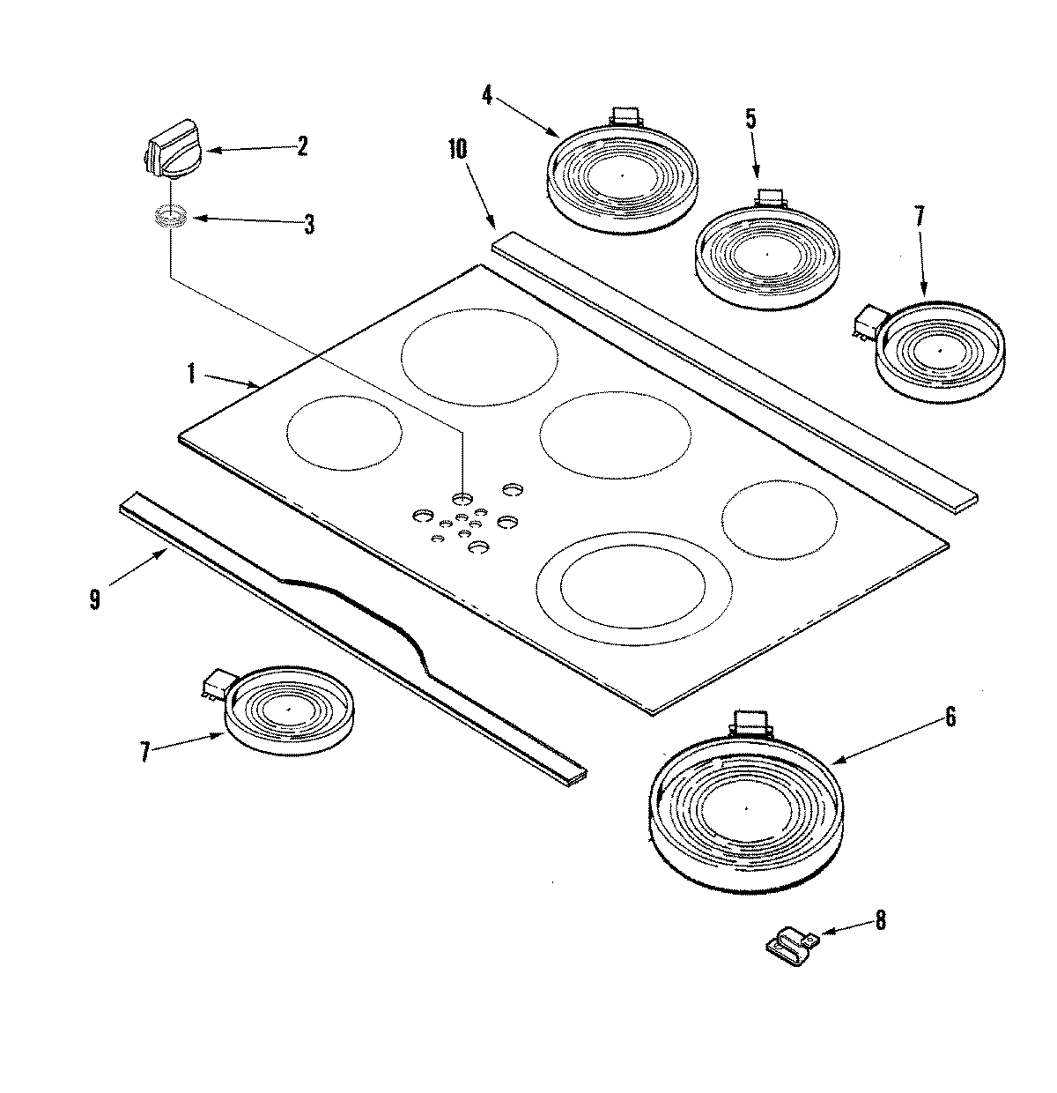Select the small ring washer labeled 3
[x=171, y=215]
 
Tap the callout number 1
[x=190, y=374]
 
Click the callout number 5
[x=750, y=119]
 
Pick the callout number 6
[x=950, y=718]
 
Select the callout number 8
[x=880, y=922]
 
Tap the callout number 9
[x=94, y=599]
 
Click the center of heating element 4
[x=622, y=175]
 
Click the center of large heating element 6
[x=745, y=807]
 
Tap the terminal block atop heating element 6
[x=750, y=720]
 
